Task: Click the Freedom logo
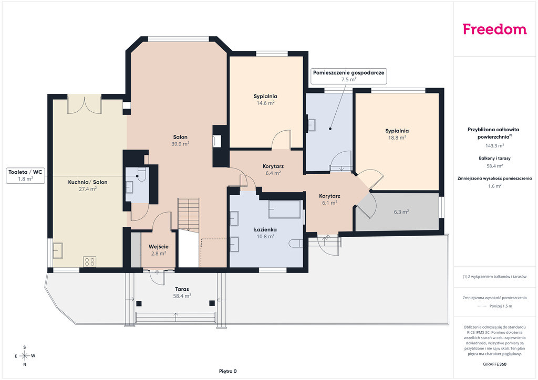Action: [x=494, y=29]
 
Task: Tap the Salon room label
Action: [x=180, y=137]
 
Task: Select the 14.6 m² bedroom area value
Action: [x=265, y=103]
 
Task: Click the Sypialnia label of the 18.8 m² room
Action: [x=397, y=131]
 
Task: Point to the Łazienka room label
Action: [x=265, y=229]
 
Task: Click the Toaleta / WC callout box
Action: [x=25, y=175]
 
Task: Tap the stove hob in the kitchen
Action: [x=90, y=262]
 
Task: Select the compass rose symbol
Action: [x=25, y=356]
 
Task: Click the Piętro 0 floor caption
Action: [x=228, y=371]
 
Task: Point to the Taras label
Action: [x=182, y=289]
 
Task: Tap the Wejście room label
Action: [x=159, y=247]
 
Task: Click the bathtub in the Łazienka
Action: [x=285, y=209]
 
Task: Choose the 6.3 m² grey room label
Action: [x=401, y=212]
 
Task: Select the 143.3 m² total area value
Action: [x=494, y=145]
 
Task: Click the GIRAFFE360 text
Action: [x=494, y=364]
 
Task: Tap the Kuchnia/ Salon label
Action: [x=88, y=182]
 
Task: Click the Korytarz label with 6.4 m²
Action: [x=273, y=166]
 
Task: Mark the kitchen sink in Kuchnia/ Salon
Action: [x=57, y=250]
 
